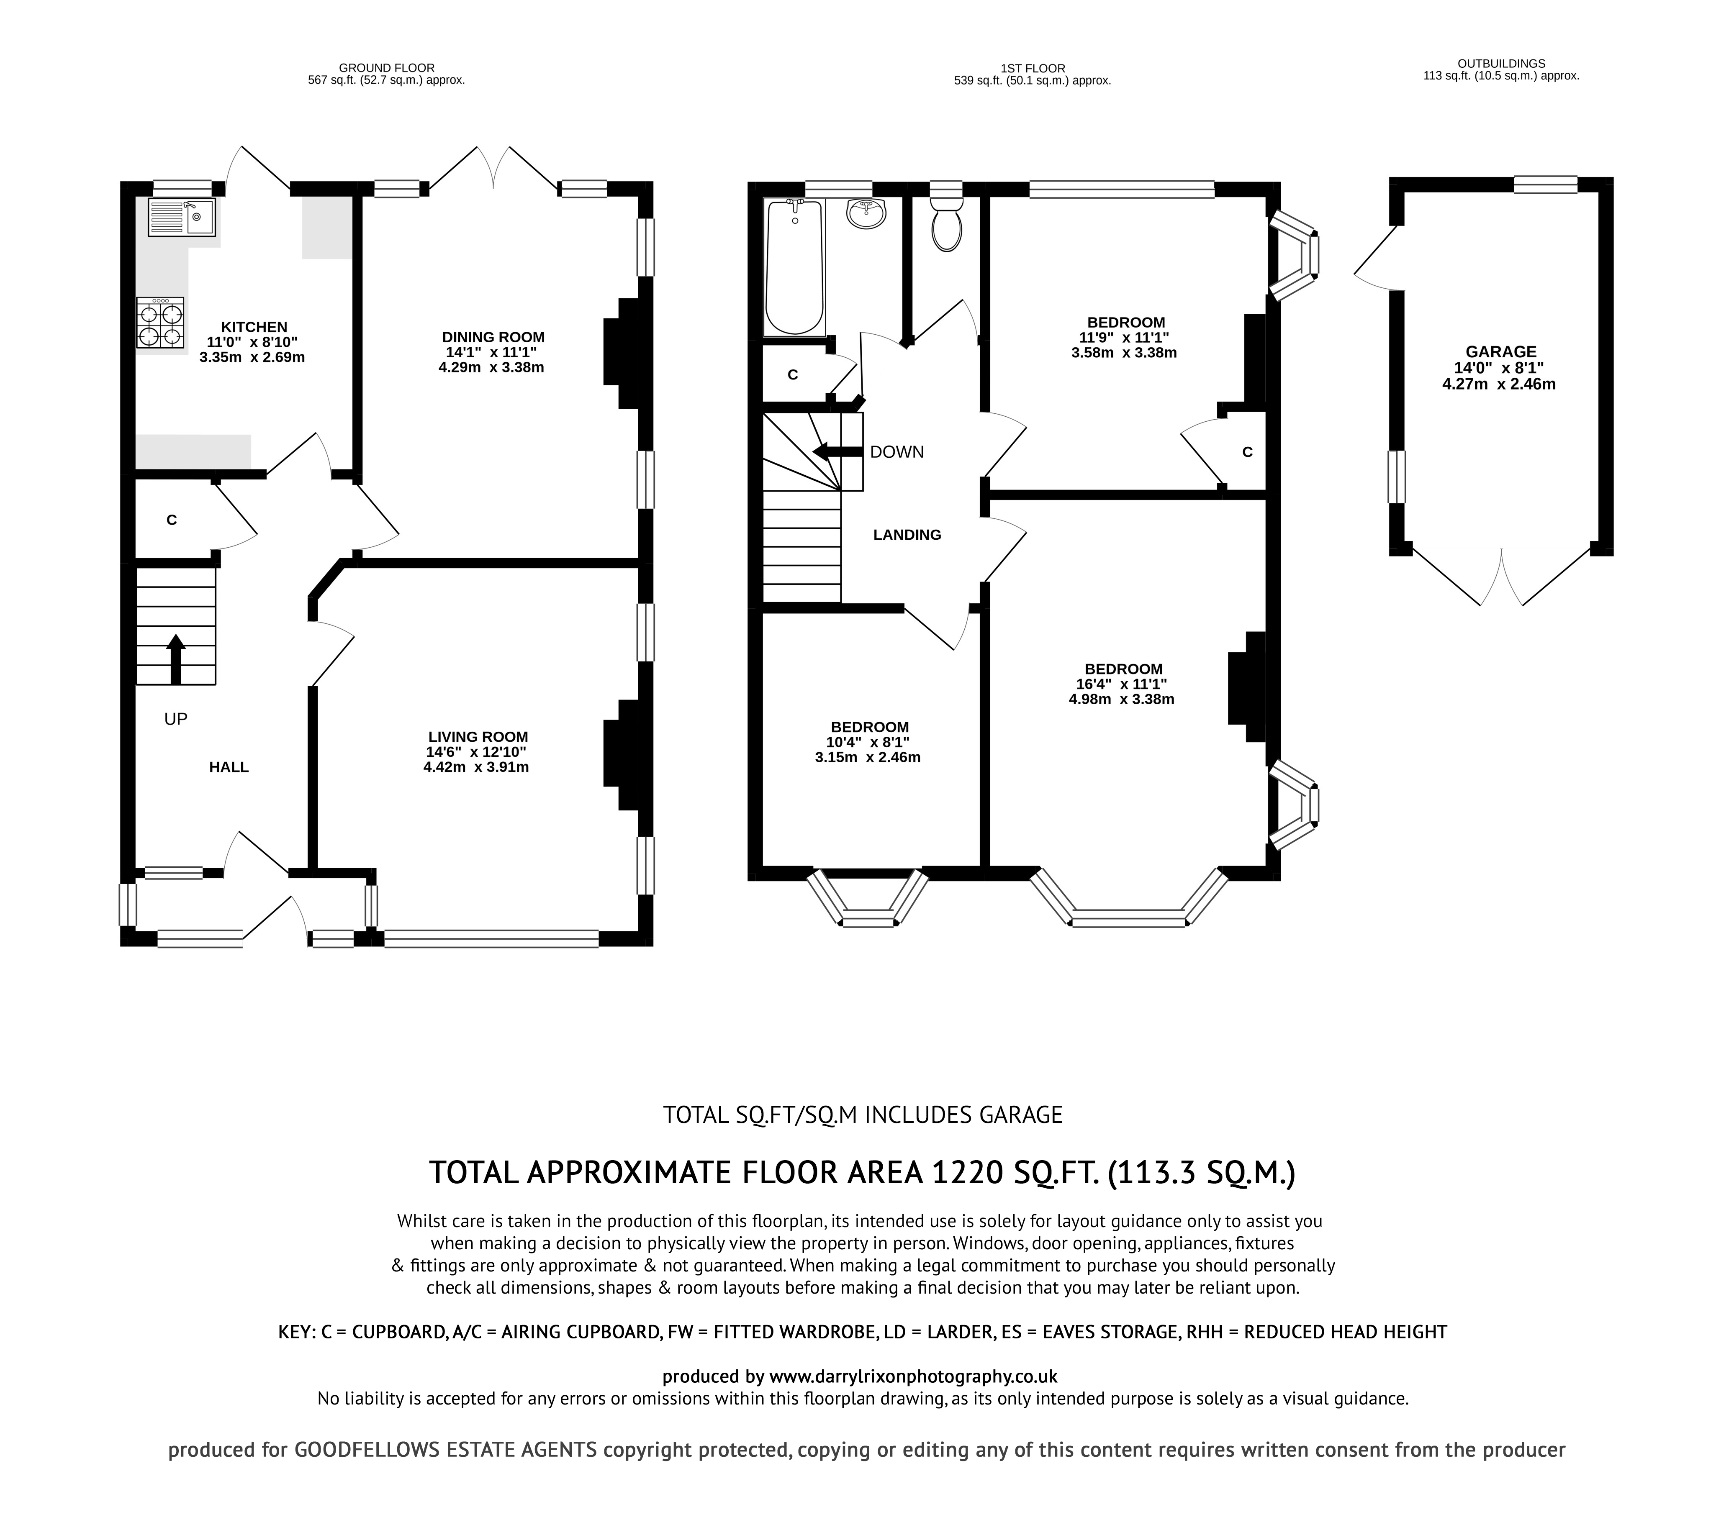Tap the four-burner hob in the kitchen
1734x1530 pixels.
[x=160, y=323]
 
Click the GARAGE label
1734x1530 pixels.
[x=1501, y=351]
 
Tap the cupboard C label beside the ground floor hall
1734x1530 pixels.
[x=171, y=520]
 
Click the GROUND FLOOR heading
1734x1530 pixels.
[x=386, y=68]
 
